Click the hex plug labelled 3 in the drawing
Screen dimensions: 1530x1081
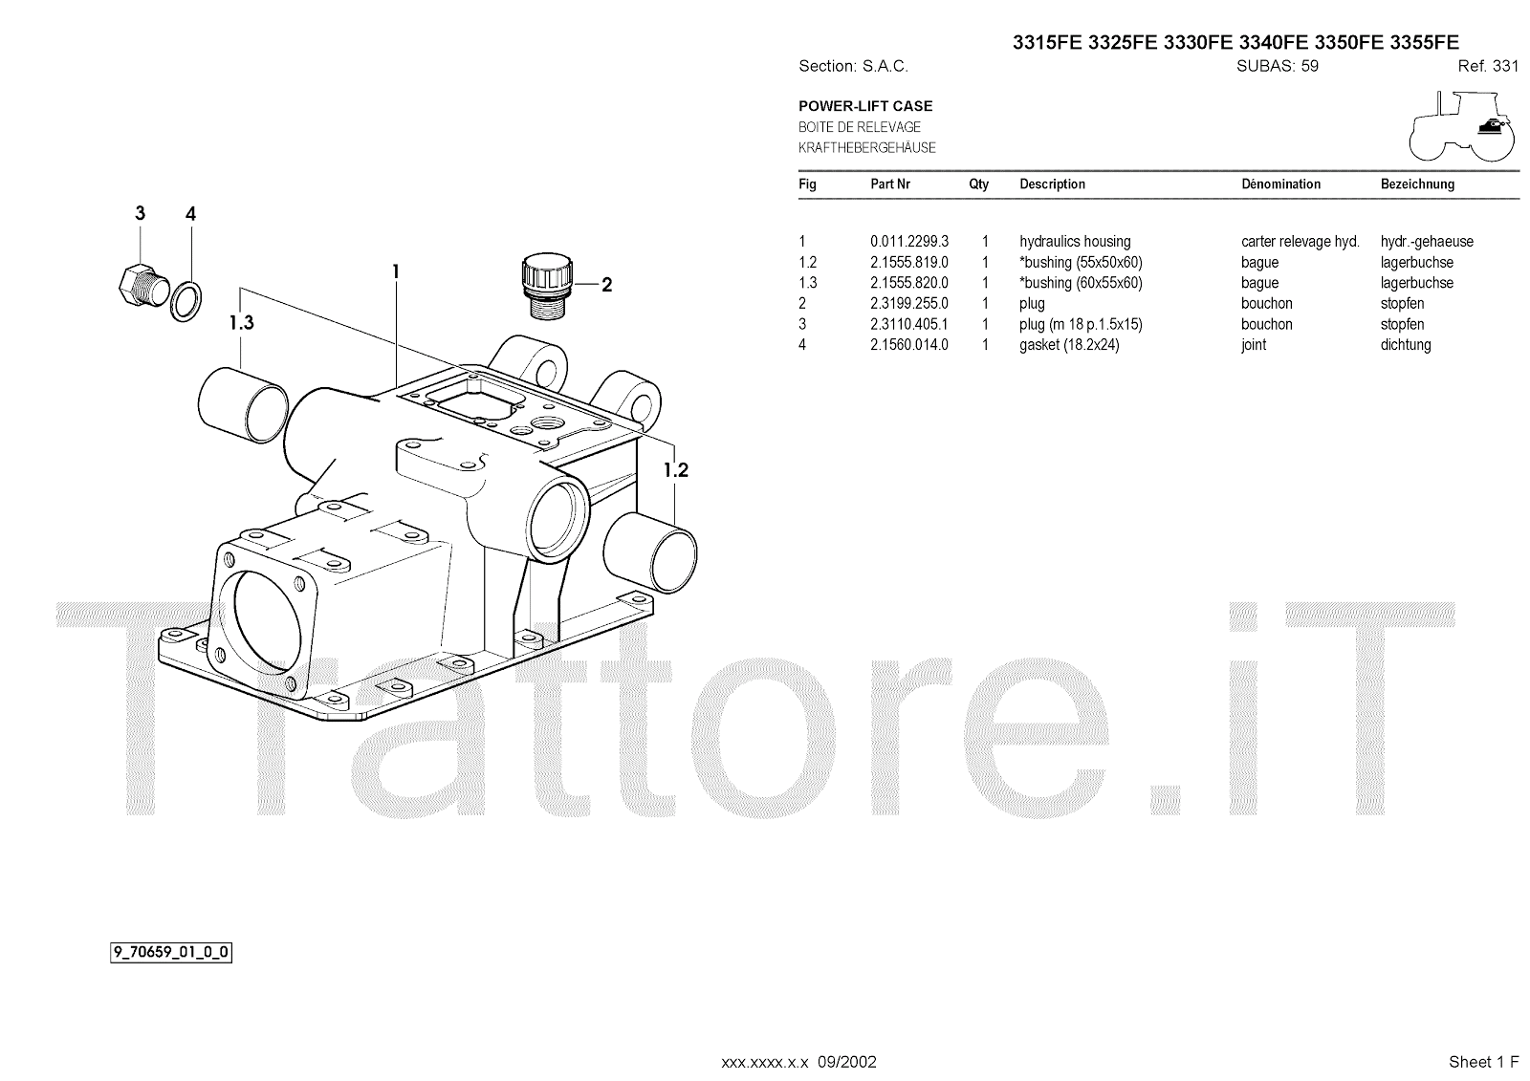click(x=142, y=282)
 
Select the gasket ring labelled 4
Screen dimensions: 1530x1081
click(x=187, y=300)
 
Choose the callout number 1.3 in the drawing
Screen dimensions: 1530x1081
click(x=242, y=323)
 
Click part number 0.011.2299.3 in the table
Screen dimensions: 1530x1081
click(x=908, y=242)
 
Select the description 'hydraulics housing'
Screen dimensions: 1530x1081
click(x=1075, y=242)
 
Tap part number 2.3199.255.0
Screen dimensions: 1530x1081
click(x=908, y=304)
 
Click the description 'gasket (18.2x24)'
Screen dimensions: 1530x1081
click(x=1069, y=345)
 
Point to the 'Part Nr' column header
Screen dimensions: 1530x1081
click(x=889, y=184)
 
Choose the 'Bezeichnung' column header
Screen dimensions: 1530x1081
click(x=1417, y=184)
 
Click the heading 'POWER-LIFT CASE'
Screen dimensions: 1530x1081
click(x=865, y=106)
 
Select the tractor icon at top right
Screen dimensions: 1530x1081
click(x=1461, y=125)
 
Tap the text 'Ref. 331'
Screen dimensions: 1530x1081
click(x=1488, y=66)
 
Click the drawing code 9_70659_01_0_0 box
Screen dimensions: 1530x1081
click(x=171, y=952)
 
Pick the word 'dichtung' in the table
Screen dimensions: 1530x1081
click(x=1406, y=345)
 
